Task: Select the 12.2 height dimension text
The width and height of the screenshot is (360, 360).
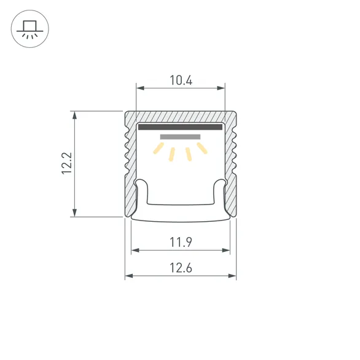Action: tap(67, 163)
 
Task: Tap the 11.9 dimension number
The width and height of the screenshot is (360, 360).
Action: tap(181, 242)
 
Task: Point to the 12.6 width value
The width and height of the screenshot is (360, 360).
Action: tap(181, 267)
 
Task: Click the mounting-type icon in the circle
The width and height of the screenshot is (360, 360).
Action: tap(29, 29)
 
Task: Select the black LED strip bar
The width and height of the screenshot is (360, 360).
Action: tap(180, 128)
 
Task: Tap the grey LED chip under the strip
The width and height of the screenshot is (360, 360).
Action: tap(180, 136)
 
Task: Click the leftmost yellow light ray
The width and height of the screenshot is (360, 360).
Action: tap(158, 149)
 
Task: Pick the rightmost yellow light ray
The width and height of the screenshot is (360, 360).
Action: tap(203, 149)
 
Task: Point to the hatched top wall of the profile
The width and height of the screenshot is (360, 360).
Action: tap(181, 117)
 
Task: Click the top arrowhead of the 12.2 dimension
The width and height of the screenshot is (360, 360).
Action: tap(75, 114)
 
